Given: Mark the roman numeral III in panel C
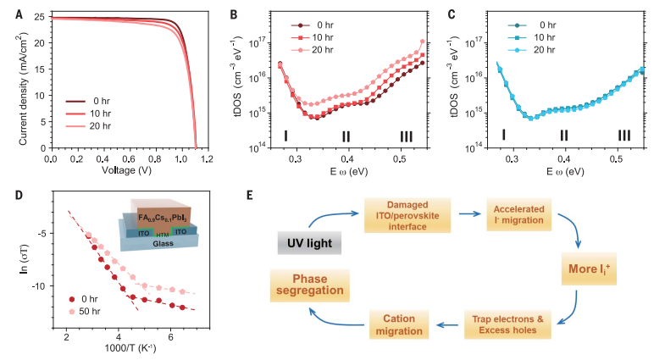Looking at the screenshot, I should click(624, 135).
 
